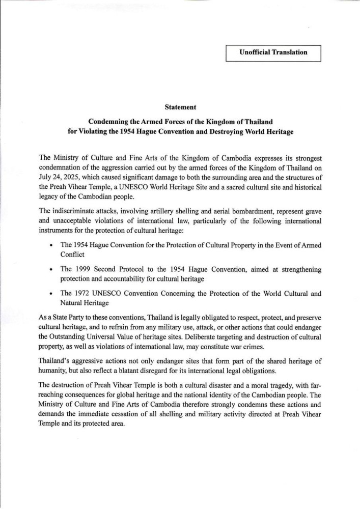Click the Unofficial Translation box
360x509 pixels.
[273, 52]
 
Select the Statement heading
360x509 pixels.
[180, 107]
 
